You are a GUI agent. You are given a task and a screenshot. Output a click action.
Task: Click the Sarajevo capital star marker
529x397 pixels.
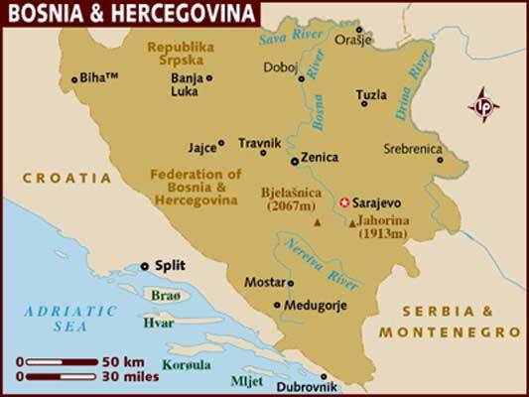pyautogui.click(x=344, y=199)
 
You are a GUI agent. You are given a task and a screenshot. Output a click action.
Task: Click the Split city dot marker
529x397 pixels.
pyautogui.click(x=145, y=265)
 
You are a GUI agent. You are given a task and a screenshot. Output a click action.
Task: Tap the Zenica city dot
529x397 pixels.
pyautogui.click(x=294, y=159)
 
